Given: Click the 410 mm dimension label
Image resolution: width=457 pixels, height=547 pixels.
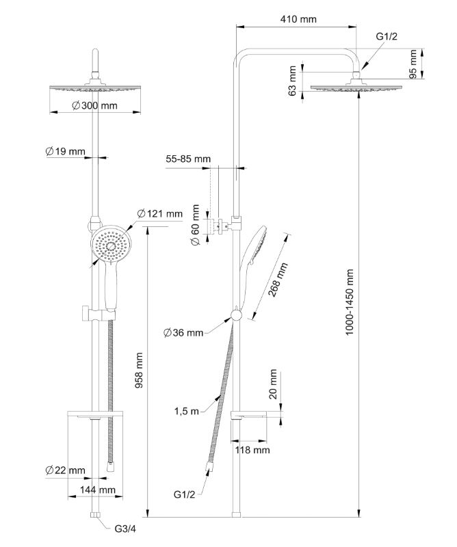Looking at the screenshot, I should coord(299,19).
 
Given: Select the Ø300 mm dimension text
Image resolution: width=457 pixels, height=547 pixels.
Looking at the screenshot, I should coord(95,105).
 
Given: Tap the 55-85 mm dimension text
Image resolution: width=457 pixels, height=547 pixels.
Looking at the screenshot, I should coord(188,159).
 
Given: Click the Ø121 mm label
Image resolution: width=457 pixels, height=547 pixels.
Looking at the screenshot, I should coord(159,214).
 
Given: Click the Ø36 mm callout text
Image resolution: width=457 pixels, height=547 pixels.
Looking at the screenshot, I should coord(183,333).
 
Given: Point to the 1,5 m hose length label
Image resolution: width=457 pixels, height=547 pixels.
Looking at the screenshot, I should coord(185,410).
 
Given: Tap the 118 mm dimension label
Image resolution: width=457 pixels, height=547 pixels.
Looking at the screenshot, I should coord(252,450).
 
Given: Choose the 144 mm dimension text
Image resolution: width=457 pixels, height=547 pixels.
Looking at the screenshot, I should coord(97,490).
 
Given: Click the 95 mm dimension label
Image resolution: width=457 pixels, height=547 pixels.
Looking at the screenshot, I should coord(413,64).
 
